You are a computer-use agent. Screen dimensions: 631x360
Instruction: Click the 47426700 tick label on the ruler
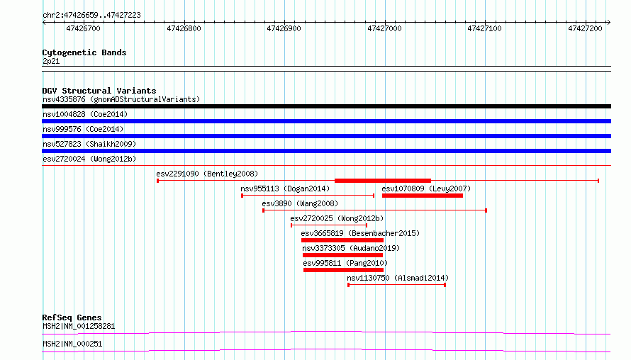83,28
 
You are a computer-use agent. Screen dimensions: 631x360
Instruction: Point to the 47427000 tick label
384,28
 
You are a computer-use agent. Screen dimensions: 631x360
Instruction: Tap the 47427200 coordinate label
585,28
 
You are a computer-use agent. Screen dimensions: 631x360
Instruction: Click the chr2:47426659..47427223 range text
91,16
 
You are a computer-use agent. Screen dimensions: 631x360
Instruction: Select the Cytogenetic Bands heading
84,52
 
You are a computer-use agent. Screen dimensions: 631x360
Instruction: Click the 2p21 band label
51,61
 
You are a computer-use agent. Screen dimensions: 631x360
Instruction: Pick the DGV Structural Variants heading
99,91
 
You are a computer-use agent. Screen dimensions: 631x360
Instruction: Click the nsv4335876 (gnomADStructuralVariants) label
121,99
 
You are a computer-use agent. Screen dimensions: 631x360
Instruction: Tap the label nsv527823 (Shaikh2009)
89,144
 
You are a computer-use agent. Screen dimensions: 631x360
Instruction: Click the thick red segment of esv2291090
383,181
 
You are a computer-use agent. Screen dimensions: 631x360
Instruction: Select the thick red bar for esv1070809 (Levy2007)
422,196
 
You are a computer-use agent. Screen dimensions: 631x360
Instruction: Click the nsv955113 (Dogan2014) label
285,189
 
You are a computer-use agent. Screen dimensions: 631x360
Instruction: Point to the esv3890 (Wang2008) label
300,203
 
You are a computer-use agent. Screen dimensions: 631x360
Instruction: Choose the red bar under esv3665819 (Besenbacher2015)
342,240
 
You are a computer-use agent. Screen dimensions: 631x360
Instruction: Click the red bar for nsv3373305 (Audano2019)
342,255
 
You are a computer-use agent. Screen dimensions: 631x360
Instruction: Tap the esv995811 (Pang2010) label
345,263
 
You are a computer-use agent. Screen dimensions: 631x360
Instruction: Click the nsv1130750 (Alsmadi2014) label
398,278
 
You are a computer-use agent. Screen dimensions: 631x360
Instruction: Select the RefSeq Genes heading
72,317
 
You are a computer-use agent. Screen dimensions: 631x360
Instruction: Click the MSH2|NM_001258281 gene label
79,326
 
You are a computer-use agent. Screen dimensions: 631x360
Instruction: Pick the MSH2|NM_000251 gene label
72,344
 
